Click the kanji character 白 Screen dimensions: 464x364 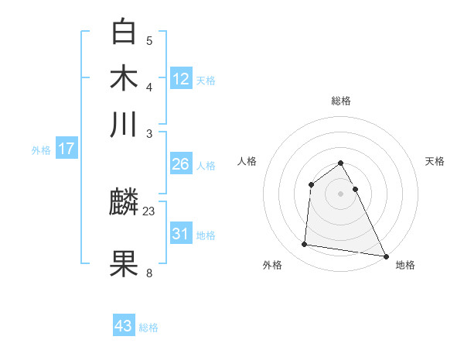pos(124,32)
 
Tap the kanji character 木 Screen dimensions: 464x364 pos(124,78)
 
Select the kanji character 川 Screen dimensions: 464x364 pos(124,124)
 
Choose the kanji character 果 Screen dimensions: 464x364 pos(124,263)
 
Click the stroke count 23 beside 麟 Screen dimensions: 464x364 pos(149,211)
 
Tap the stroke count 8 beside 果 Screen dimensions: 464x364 pos(149,272)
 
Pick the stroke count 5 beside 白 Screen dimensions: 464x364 pos(149,40)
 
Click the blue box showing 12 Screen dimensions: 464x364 pos(181,78)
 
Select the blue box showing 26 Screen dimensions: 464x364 pos(181,163)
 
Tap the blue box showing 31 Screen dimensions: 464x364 pos(181,233)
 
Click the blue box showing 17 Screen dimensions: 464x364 pos(67,149)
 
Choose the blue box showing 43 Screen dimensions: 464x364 pos(124,325)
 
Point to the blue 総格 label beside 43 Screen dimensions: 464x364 pos(148,328)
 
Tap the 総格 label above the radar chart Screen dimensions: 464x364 pos(340,101)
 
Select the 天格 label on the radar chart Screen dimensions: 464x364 pos(435,161)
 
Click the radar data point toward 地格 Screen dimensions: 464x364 pos(386,256)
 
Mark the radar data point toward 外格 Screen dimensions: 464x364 pos(305,245)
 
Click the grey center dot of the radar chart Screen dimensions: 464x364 pos(340,194)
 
